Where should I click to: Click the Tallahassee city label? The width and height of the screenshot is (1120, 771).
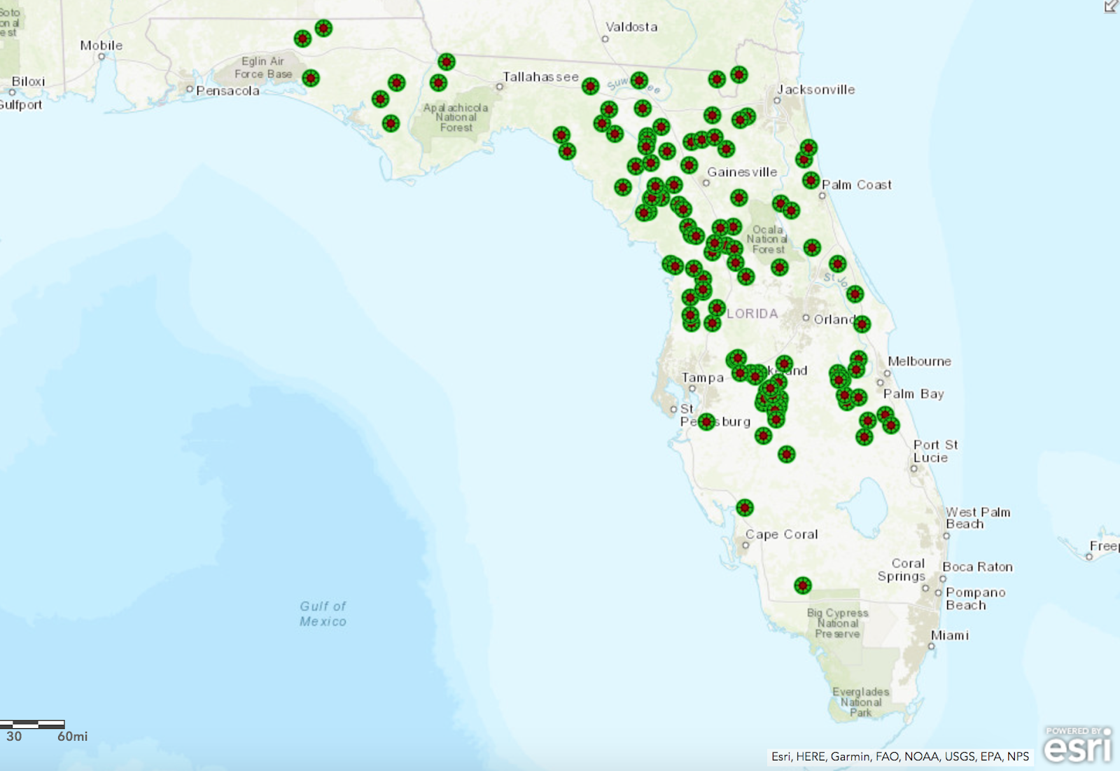click(540, 77)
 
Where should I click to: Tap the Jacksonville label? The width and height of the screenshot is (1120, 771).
click(816, 90)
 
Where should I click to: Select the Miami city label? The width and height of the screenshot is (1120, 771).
click(950, 635)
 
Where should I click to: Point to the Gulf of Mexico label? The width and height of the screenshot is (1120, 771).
click(323, 613)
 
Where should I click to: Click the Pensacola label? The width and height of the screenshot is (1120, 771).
click(227, 91)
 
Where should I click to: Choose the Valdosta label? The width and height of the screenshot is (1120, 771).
click(631, 27)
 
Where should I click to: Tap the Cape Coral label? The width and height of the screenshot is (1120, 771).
click(781, 534)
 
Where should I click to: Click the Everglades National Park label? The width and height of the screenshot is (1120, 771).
click(861, 702)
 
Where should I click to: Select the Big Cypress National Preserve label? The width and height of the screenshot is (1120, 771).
click(838, 623)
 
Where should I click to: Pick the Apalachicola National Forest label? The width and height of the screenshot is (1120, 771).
click(456, 118)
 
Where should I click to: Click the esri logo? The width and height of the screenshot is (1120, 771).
click(1077, 745)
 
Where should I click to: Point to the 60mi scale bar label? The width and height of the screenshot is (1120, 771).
click(73, 737)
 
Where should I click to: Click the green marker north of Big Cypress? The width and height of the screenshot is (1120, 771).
click(803, 585)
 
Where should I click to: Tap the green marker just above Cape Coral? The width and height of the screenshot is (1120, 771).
click(745, 507)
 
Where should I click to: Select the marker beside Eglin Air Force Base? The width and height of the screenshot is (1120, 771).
click(311, 78)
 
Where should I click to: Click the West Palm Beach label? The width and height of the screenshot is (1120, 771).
click(978, 518)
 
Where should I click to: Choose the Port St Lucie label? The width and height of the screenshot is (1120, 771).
click(935, 451)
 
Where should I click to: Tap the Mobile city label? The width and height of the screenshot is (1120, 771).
click(101, 46)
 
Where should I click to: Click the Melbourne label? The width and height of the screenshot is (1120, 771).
click(919, 361)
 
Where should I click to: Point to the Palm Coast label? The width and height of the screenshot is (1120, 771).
click(857, 185)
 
